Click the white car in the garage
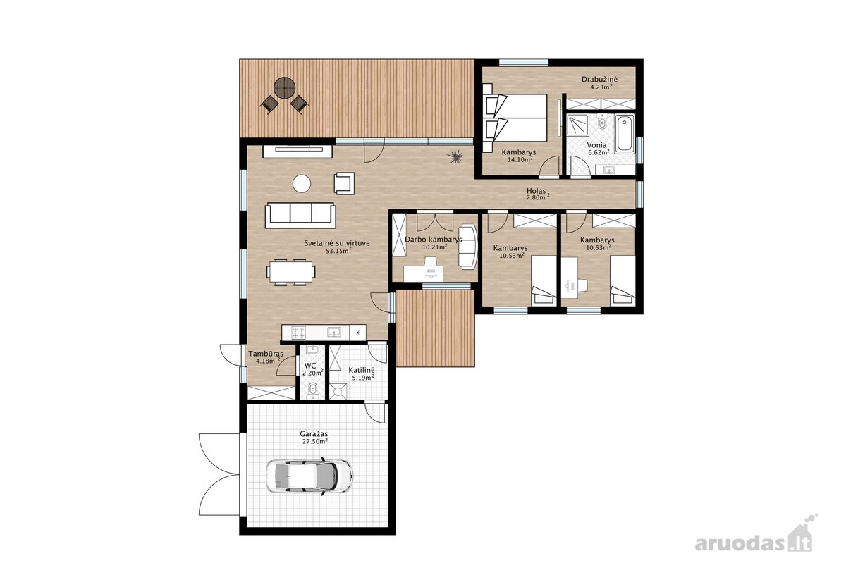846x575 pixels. click(x=309, y=476)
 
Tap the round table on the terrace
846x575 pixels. click(x=284, y=88)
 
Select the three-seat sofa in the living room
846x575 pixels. click(x=300, y=215)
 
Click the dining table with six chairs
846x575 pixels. click(x=290, y=271)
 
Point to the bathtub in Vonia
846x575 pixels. click(x=625, y=134)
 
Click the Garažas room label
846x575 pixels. click(x=314, y=434)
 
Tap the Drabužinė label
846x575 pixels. click(x=599, y=80)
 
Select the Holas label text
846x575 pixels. click(x=537, y=191)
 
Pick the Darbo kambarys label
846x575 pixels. click(x=434, y=240)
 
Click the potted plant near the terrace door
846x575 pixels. click(x=454, y=156)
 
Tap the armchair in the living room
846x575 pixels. click(x=345, y=183)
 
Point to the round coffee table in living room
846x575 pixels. click(x=302, y=184)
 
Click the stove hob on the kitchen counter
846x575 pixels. click(x=299, y=333)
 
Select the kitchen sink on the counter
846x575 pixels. click(x=334, y=332)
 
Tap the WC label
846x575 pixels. click(x=310, y=366)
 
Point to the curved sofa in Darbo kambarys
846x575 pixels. click(x=467, y=247)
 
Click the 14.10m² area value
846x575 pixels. click(x=520, y=159)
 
